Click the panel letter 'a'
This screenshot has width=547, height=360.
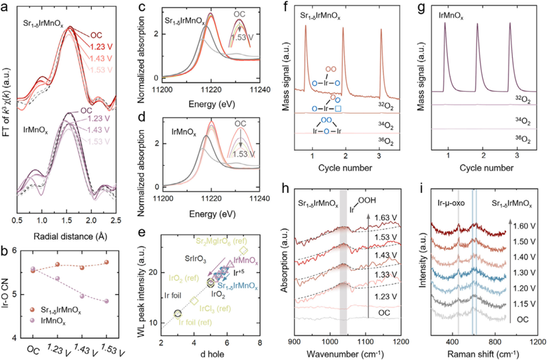point(5,6)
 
